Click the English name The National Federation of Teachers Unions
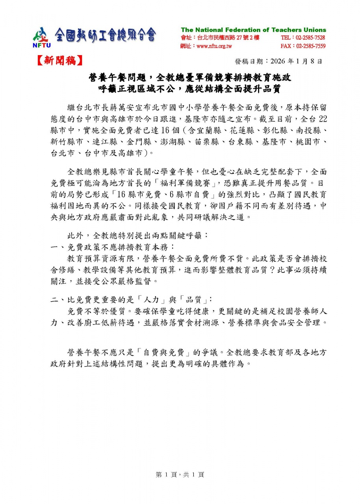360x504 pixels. click(x=253, y=30)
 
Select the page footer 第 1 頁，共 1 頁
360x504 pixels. click(x=180, y=475)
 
